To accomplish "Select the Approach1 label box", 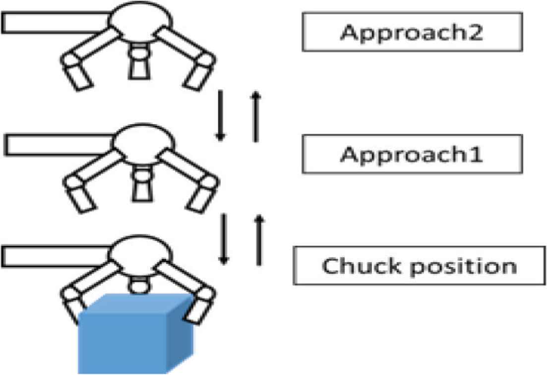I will point(412,154).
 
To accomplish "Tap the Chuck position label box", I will point(419,266).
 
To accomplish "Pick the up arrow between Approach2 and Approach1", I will point(255,117).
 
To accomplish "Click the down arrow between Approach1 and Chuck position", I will point(224,239).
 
